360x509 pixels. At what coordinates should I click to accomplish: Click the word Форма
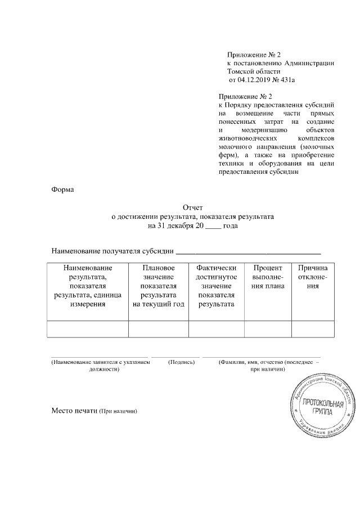(63, 190)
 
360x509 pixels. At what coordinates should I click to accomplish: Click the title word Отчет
(192, 208)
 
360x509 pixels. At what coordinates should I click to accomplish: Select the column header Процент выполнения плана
(268, 277)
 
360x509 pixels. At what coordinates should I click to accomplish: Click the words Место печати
(74, 410)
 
